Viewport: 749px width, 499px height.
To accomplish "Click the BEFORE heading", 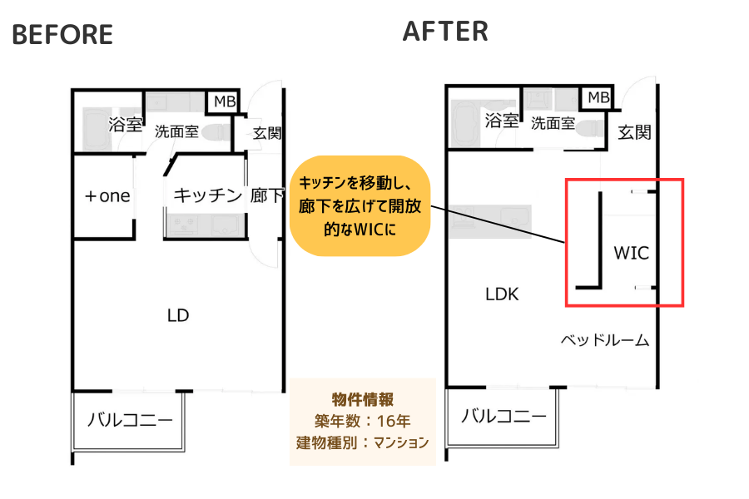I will coord(62,34).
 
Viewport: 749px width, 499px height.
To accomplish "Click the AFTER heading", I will coord(445,31).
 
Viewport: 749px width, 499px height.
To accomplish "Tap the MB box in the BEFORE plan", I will coord(224,101).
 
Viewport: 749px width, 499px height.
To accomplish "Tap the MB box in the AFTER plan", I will coord(598,97).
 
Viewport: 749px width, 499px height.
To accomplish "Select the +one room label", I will coord(108,196).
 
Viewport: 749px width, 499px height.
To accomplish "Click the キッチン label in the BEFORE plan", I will coord(207,195).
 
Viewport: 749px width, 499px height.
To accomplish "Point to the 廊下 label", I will coord(266,196).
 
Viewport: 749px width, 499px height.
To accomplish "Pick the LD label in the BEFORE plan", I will coord(178,315).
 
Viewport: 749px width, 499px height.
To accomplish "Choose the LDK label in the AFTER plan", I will coord(502,294).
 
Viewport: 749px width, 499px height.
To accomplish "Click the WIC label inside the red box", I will coord(630,252).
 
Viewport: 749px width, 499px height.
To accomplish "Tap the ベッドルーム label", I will coord(604,340).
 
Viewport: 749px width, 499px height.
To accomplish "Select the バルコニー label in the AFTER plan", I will coord(504,416).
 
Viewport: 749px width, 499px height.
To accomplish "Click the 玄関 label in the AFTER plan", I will coord(635,131).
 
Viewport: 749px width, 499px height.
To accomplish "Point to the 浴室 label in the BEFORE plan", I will coord(126,125).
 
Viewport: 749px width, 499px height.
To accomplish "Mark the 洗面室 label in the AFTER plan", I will coord(553,123).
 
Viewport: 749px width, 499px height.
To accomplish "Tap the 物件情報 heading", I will coord(362,398).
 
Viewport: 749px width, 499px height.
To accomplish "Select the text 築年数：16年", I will coord(362,420).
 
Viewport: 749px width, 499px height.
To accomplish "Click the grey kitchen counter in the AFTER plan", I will coord(489,220).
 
